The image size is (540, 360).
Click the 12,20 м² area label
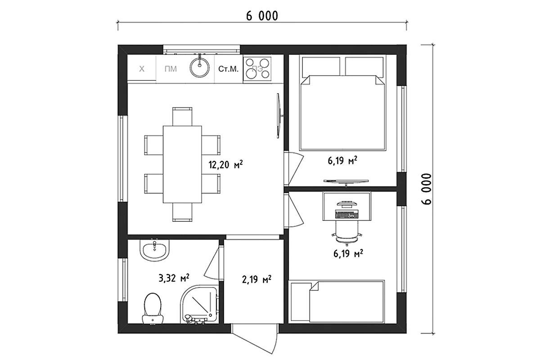pyautogui.click(x=225, y=165)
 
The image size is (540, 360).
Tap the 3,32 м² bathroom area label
pyautogui.click(x=174, y=278)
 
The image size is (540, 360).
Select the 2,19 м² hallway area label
pyautogui.click(x=256, y=279)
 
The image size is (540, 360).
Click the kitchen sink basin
pyautogui.click(x=199, y=67)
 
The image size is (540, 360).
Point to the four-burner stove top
pyautogui.click(x=257, y=69)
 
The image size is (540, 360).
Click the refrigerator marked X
pyautogui.click(x=142, y=69)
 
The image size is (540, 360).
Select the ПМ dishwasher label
pyautogui.click(x=171, y=69)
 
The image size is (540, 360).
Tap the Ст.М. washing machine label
pyautogui.click(x=228, y=69)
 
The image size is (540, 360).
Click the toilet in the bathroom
pyautogui.click(x=153, y=308)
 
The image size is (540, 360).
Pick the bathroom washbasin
pyautogui.click(x=154, y=251)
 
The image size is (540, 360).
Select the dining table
pyautogui.click(x=182, y=164)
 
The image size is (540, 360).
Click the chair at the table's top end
pyautogui.click(x=182, y=116)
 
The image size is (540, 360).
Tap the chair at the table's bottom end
pyautogui.click(x=182, y=212)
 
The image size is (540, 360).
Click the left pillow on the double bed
pyautogui.click(x=321, y=67)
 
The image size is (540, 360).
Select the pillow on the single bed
pyautogui.click(x=301, y=302)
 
